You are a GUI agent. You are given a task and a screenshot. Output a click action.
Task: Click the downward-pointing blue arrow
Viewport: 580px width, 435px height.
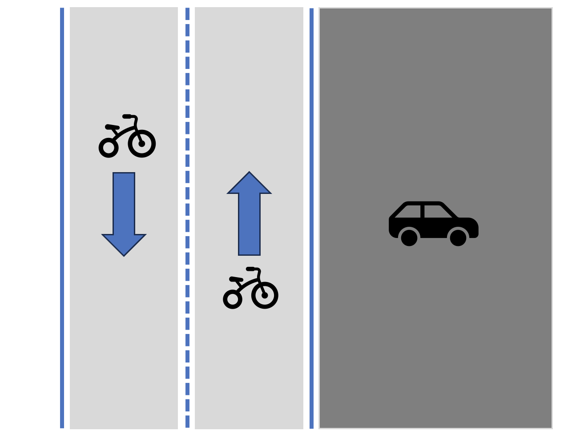[124, 209]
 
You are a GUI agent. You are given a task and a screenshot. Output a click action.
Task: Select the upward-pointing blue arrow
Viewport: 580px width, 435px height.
[249, 218]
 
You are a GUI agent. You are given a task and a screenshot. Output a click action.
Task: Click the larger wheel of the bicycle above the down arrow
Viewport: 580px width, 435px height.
[142, 144]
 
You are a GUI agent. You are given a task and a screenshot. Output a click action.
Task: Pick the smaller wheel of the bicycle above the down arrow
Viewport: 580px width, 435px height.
[109, 148]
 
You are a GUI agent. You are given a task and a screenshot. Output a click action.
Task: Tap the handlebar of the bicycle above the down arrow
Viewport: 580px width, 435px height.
[128, 117]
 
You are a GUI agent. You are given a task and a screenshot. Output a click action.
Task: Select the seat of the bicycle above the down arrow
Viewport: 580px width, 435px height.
[112, 127]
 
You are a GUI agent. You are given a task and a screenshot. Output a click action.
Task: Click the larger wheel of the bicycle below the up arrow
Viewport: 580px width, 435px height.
[265, 295]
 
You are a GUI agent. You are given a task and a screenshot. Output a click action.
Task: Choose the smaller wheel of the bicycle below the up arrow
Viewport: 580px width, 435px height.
[233, 299]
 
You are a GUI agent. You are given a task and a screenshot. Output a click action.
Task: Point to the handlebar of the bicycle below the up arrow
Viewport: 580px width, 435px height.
[251, 269]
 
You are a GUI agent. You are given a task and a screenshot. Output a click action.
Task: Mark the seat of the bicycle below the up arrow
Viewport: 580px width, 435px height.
[236, 279]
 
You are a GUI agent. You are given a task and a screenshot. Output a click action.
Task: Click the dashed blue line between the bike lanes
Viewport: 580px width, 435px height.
[187, 218]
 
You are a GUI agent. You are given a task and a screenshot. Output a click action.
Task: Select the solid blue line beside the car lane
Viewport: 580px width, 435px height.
[311, 218]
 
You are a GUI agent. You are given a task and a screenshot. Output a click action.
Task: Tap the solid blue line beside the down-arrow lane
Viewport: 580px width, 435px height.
[62, 218]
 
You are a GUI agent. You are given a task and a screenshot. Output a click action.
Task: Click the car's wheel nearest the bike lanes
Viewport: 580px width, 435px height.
[409, 238]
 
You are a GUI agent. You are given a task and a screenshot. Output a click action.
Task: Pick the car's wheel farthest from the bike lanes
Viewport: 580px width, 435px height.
[458, 238]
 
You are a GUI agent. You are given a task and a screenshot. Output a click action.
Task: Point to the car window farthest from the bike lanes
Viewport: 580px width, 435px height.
[437, 212]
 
